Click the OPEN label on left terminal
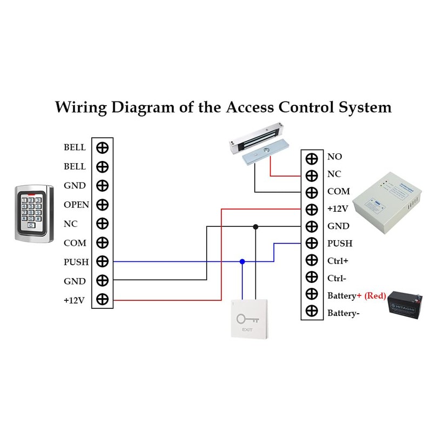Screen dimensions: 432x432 point(76,205)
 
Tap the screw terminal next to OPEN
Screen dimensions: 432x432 point(103,205)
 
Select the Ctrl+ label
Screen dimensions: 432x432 point(337,261)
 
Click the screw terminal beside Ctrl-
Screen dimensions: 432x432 point(312,277)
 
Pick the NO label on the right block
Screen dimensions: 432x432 point(334,157)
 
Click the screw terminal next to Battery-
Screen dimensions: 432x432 point(312,312)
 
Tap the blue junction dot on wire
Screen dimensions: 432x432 point(242,261)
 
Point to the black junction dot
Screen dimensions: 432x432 point(256,227)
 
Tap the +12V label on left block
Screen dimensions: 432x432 point(74,300)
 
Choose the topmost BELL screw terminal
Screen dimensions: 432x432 point(103,147)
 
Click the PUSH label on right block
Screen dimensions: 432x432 point(339,244)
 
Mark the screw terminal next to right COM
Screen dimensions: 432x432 point(312,192)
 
